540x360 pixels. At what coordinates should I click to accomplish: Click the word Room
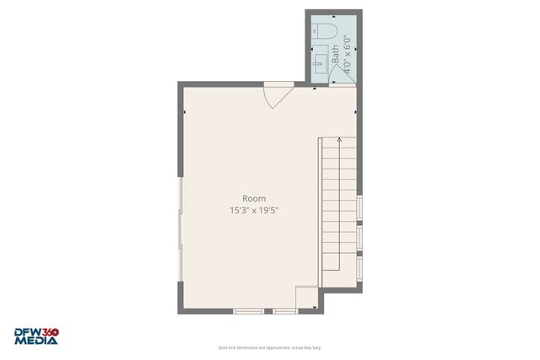(x=254, y=198)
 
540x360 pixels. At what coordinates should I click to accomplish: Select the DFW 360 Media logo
(x=35, y=336)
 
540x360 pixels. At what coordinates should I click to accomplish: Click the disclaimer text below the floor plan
(x=270, y=347)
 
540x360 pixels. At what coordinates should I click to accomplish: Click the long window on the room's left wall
(x=180, y=228)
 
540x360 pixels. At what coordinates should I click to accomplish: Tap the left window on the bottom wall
(x=249, y=311)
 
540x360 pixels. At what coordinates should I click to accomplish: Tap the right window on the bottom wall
(x=285, y=311)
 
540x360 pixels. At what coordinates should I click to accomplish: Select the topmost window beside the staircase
(x=359, y=207)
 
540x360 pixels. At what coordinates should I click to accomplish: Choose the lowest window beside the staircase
(x=359, y=268)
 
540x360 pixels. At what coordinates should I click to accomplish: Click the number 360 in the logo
(x=50, y=332)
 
